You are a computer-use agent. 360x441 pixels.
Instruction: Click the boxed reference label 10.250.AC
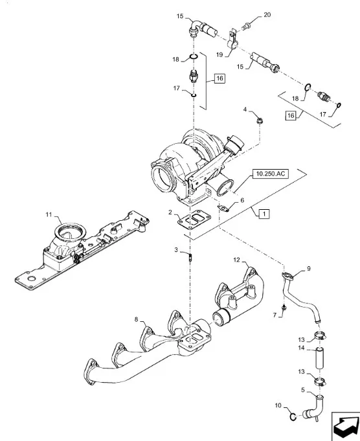271,174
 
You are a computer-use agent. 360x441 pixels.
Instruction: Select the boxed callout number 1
264,214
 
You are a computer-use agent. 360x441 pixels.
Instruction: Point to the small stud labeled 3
190,257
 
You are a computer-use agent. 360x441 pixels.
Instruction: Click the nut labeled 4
260,121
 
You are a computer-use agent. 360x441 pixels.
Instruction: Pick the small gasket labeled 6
223,208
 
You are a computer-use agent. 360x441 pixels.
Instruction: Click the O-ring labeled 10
293,417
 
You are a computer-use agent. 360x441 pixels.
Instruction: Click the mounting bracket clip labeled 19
232,41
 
